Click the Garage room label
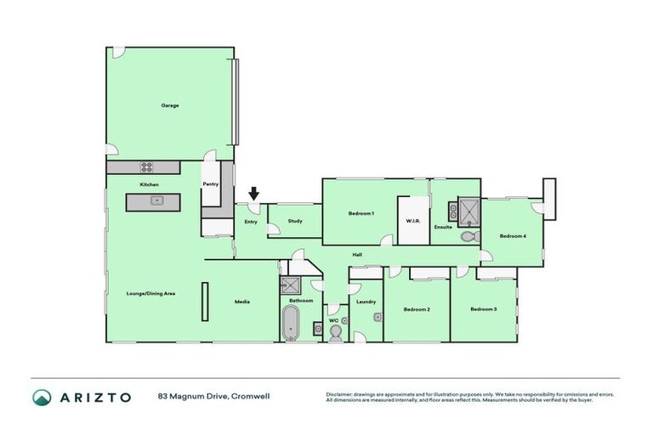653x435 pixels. click(x=170, y=105)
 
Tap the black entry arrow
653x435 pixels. click(x=253, y=195)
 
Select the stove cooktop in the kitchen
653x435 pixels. click(x=147, y=167)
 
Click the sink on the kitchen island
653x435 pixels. click(x=156, y=201)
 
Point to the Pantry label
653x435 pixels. click(x=210, y=184)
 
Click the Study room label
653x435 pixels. click(x=295, y=221)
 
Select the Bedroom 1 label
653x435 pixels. click(x=361, y=213)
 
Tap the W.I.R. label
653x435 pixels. click(x=414, y=221)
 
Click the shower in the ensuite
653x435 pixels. click(x=469, y=209)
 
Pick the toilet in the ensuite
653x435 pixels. click(x=468, y=237)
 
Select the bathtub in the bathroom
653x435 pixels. click(x=292, y=324)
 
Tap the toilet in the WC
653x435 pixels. click(x=335, y=334)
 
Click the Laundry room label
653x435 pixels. click(x=366, y=301)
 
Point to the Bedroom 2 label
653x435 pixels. click(x=416, y=309)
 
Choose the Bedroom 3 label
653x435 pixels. click(x=483, y=308)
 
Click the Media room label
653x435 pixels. click(x=242, y=301)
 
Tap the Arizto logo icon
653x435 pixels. click(x=42, y=397)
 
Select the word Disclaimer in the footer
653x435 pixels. click(x=340, y=394)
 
